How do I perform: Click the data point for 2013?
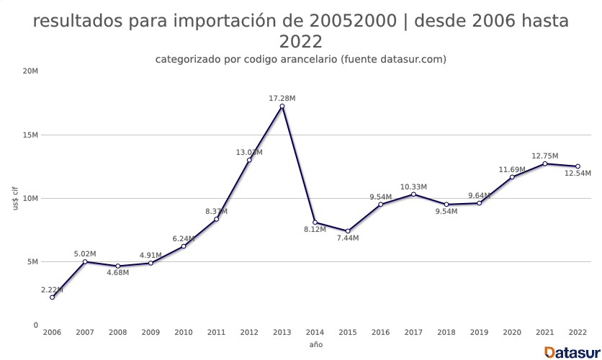282,107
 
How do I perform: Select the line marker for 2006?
52,297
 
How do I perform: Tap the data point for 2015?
348,231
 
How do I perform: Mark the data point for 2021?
545,163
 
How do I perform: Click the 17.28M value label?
282,98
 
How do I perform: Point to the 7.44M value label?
348,238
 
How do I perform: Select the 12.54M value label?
578,174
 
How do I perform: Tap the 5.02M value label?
85,253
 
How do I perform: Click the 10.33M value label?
413,186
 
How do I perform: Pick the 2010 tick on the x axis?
184,333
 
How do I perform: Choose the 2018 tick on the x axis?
446,333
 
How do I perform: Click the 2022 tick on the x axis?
578,333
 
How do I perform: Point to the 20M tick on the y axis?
30,71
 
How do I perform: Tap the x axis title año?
315,345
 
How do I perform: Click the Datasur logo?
572,352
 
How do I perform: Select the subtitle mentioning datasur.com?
301,59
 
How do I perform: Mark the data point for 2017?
413,194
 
